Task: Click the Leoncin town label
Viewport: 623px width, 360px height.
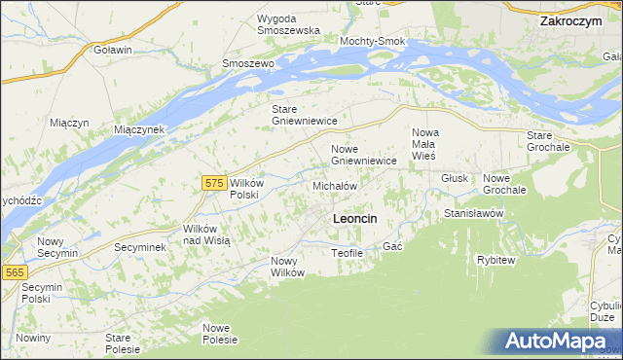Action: (x=355, y=219)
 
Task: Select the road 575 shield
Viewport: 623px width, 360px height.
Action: (x=215, y=182)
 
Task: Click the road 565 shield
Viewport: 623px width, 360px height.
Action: (x=14, y=273)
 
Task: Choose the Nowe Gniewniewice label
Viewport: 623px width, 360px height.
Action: (x=363, y=155)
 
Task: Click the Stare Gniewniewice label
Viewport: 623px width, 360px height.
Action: (x=304, y=115)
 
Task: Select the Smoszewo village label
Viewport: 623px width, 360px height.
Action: (x=249, y=63)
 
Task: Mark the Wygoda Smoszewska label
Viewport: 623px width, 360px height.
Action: (x=289, y=24)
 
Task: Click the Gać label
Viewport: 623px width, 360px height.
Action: (x=392, y=247)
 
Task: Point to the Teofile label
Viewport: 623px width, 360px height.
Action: (x=347, y=253)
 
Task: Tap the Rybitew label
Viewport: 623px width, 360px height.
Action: (x=495, y=260)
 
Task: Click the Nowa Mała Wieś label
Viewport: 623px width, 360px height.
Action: (x=425, y=143)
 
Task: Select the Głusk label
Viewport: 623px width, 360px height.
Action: (x=455, y=179)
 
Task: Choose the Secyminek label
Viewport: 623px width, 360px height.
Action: (x=140, y=247)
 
